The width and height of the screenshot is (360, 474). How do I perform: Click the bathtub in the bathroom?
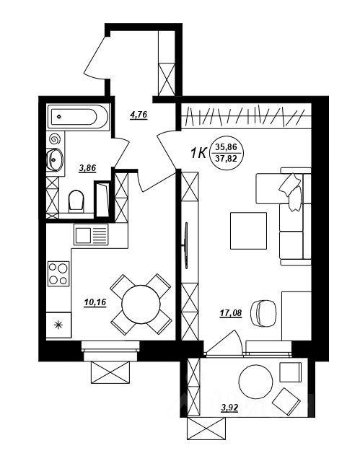point(78,117)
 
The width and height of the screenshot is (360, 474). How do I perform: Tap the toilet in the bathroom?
point(76,201)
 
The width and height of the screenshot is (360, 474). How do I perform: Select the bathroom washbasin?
point(54,159)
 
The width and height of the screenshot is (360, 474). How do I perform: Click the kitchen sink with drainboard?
point(91,234)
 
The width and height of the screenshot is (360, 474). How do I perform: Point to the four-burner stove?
point(58,274)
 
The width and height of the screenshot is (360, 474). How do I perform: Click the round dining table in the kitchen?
point(141,304)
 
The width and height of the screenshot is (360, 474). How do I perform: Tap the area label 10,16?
point(95,302)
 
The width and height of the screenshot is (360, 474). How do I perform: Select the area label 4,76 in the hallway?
point(139,115)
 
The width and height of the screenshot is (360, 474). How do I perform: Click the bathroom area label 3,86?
point(87,168)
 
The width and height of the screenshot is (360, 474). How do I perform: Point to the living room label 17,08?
point(231,313)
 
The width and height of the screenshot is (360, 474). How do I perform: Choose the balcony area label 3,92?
point(229,408)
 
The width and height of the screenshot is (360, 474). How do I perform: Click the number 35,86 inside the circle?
point(226,148)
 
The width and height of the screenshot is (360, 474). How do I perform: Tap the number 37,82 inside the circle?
point(226,158)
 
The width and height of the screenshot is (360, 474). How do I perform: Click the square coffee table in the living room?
point(248,231)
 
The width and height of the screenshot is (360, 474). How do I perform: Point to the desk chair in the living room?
point(263,313)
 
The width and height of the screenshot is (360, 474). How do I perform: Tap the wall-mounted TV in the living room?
point(186,245)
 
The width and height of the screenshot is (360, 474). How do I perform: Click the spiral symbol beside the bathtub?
point(55,139)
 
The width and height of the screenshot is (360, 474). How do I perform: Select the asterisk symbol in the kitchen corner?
point(58,325)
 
